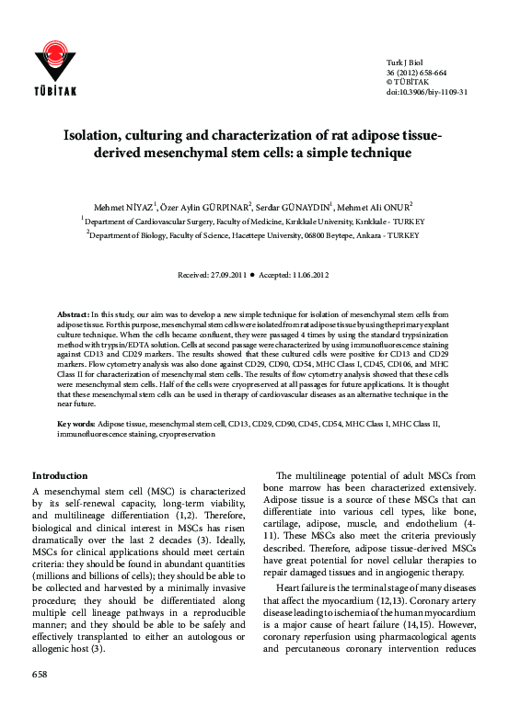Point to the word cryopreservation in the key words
[186, 434]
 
